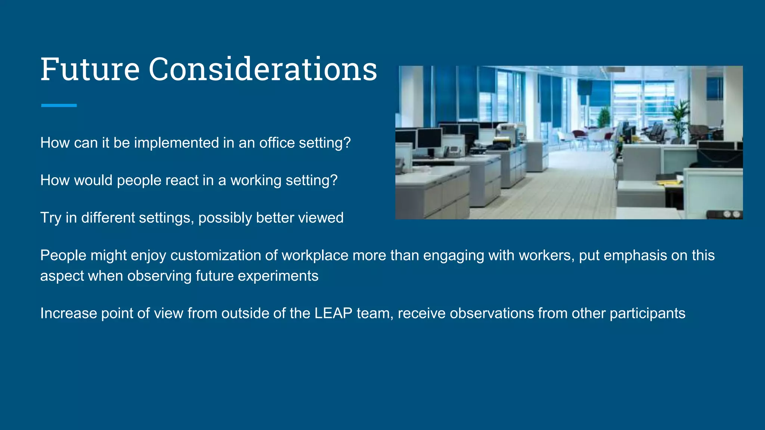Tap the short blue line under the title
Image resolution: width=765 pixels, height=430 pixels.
[x=59, y=106]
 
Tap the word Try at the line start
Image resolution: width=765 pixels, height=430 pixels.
[x=50, y=218]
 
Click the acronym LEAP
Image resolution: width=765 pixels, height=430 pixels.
[x=333, y=313]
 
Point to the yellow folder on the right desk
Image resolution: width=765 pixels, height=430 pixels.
[x=669, y=183]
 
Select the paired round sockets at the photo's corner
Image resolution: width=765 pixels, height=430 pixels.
[x=731, y=214]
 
